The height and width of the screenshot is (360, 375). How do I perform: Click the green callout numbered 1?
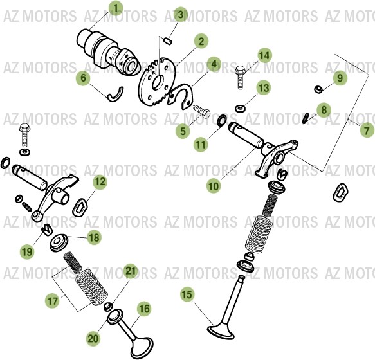(x=116, y=8)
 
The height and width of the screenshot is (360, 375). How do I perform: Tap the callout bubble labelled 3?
(x=180, y=14)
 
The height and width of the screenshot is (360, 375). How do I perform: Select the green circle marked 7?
(x=367, y=130)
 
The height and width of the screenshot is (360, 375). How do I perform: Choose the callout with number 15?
(x=187, y=295)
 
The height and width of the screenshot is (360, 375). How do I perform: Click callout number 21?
(x=131, y=271)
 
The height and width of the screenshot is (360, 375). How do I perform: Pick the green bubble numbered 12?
(x=99, y=182)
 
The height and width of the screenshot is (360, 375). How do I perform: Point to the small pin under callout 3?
(x=167, y=41)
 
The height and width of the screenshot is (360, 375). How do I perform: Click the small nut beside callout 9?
(x=318, y=88)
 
